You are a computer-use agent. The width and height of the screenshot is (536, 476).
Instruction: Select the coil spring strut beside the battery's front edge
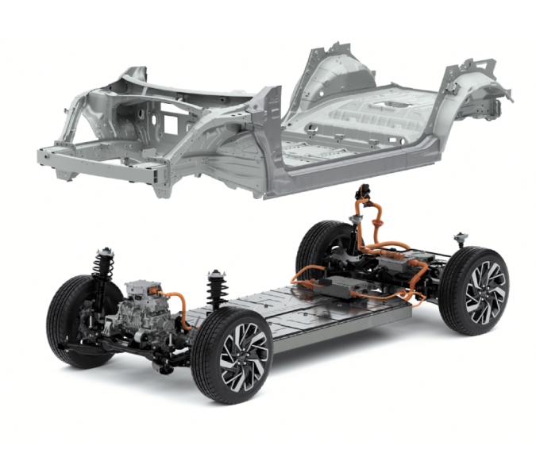point(215,289)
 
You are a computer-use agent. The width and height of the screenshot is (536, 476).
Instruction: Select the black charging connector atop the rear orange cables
point(365,193)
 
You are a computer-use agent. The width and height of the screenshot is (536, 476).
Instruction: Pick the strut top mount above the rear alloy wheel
point(461,239)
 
